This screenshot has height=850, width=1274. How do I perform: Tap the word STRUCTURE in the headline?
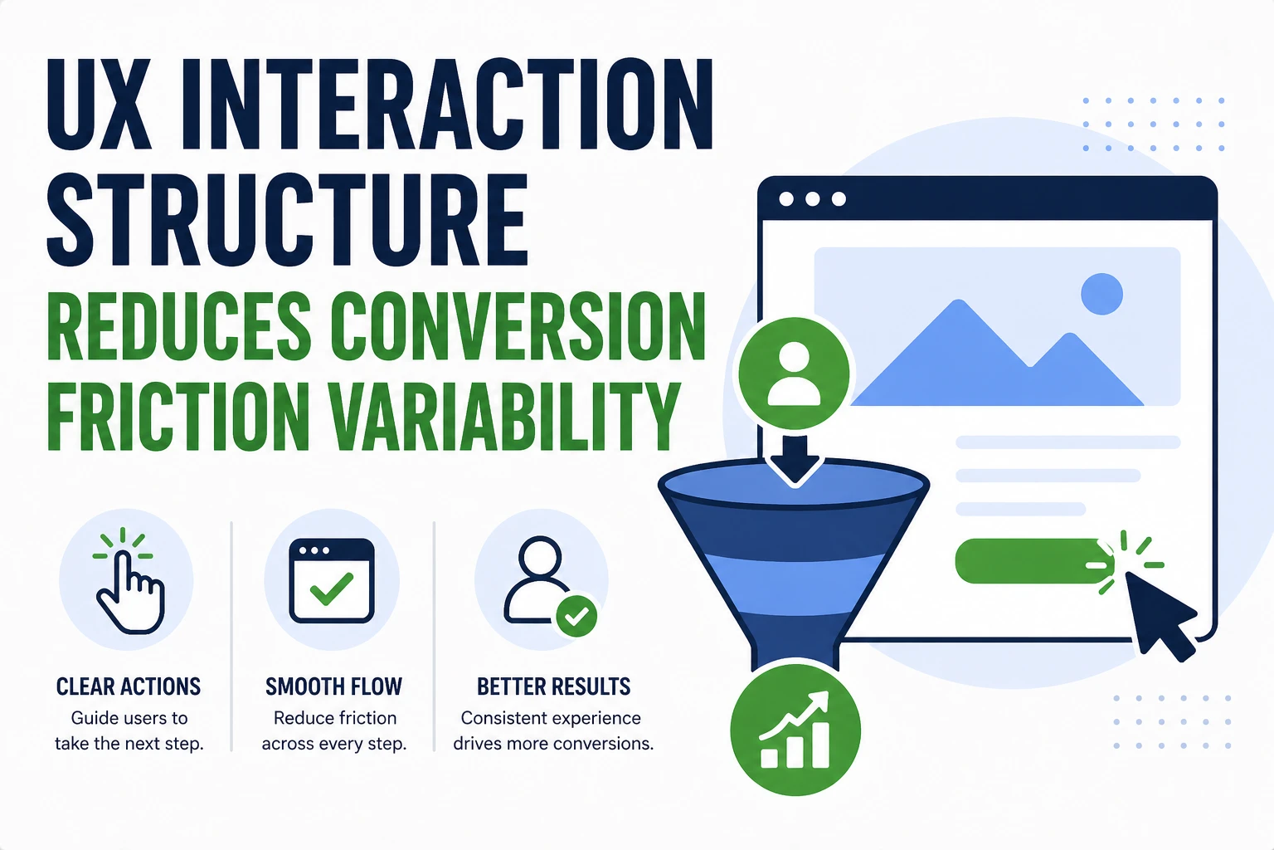pos(287,221)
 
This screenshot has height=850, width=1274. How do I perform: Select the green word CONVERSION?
pos(518,327)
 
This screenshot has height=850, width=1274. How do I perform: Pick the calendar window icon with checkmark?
pos(332,581)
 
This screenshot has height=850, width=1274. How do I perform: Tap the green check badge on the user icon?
pos(576,616)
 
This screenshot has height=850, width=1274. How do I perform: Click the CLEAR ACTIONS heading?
pos(129,686)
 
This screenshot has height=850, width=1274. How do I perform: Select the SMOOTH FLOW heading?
pos(333,686)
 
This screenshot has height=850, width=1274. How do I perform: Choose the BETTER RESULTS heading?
pos(553,686)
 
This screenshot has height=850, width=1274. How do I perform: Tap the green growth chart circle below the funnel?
pos(795,730)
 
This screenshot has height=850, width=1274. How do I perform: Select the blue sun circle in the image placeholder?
pos(1101,294)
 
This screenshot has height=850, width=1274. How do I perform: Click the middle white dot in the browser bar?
pos(812,199)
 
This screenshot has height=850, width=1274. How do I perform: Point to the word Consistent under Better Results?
pos(504,718)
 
